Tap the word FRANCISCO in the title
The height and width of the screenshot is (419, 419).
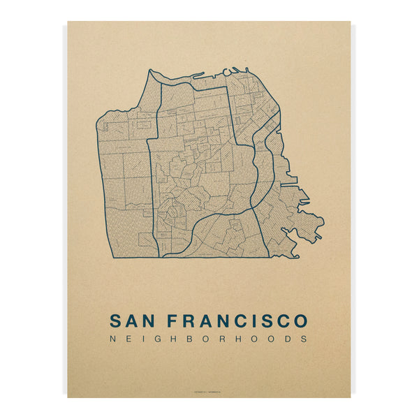242,321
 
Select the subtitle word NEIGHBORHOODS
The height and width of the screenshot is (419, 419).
209,339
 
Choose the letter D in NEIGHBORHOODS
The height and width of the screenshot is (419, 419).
287,339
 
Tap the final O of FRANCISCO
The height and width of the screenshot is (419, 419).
300,321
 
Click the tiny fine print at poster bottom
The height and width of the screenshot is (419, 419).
209,390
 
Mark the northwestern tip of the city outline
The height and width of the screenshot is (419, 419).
149,70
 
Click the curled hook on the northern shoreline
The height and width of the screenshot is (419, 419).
228,71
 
